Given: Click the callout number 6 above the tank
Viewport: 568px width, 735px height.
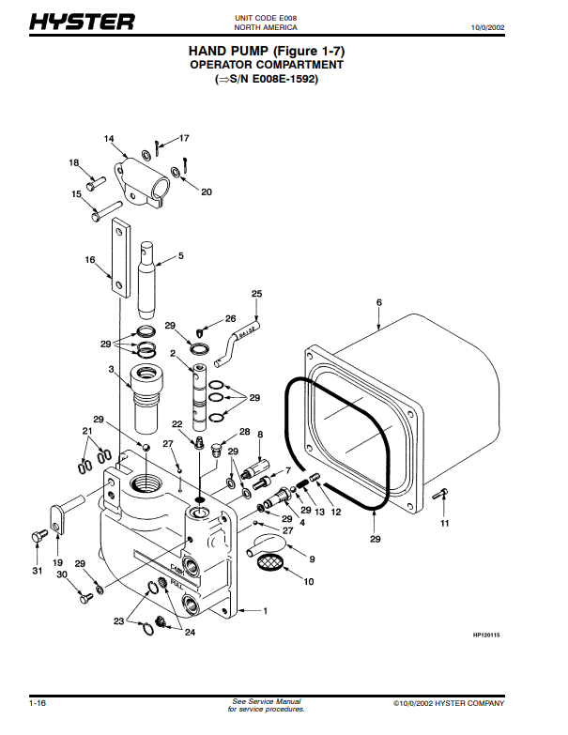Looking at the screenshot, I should pyautogui.click(x=378, y=302).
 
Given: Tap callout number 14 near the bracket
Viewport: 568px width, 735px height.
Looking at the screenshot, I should pyautogui.click(x=109, y=139).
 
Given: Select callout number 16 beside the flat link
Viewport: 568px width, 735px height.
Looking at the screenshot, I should pyautogui.click(x=90, y=260).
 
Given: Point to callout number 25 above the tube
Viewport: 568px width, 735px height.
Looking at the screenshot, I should pyautogui.click(x=256, y=294).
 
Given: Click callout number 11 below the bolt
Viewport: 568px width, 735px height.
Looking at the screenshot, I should pyautogui.click(x=444, y=522).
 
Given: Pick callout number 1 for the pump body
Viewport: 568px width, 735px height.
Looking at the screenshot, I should pyautogui.click(x=265, y=611).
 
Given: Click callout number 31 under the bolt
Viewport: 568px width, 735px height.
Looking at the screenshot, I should pyautogui.click(x=37, y=571).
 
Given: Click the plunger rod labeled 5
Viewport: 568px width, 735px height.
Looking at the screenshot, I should pyautogui.click(x=148, y=279).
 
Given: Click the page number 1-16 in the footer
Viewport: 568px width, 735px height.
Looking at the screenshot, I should pyautogui.click(x=38, y=702).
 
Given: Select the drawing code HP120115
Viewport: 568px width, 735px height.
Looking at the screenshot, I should pyautogui.click(x=486, y=635).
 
